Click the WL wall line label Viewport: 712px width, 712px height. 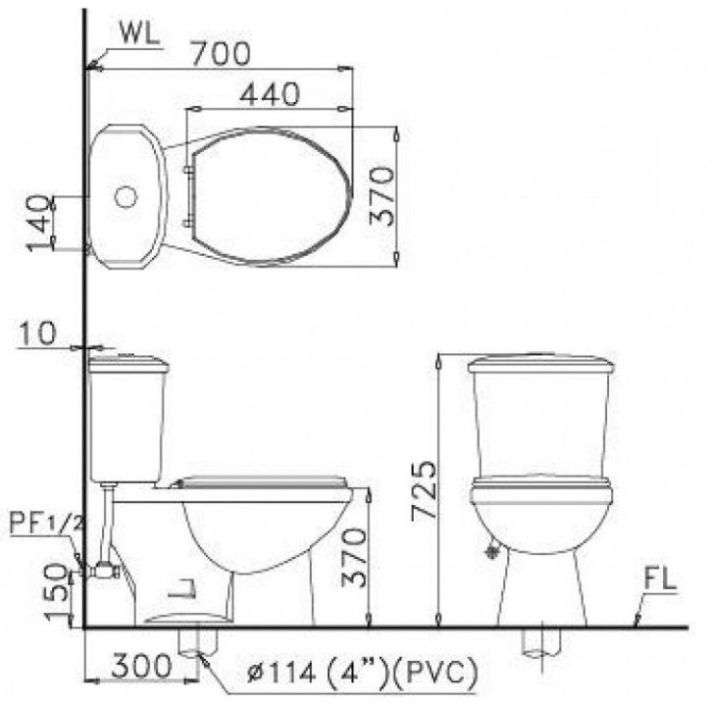tap(140, 33)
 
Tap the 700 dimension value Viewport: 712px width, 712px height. tap(220, 54)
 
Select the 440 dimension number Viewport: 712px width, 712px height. tap(269, 94)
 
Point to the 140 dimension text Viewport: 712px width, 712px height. tap(38, 223)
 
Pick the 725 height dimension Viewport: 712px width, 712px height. tap(423, 491)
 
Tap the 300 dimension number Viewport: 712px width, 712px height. tap(142, 666)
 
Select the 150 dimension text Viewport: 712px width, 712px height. tap(57, 592)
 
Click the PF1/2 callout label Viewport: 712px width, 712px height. tap(47, 523)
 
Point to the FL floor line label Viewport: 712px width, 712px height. tap(659, 579)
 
